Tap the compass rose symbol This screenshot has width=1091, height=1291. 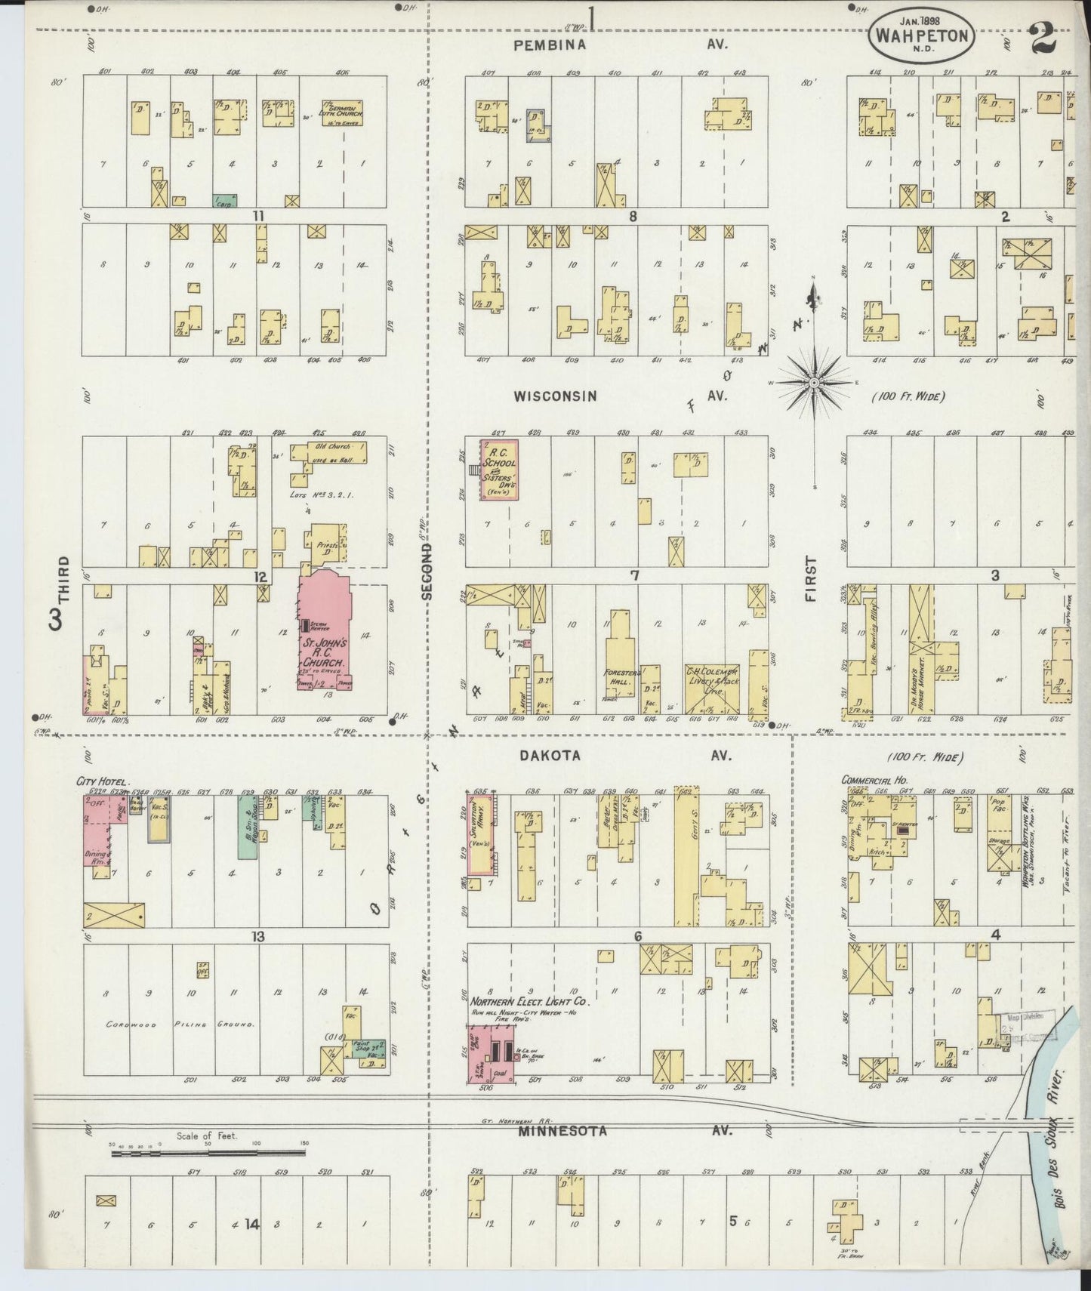click(x=814, y=383)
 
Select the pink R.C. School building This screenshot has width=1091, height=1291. click(x=498, y=469)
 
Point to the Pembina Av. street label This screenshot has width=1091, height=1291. click(x=550, y=45)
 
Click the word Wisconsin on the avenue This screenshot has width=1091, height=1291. click(x=555, y=396)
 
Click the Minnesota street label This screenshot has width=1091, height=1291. click(x=553, y=1131)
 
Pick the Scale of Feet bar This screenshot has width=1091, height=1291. click(x=208, y=1153)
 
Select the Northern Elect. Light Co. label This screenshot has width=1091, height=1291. click(x=529, y=1002)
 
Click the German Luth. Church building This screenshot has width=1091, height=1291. click(x=341, y=113)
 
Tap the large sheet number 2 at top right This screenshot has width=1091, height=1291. click(x=1043, y=39)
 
